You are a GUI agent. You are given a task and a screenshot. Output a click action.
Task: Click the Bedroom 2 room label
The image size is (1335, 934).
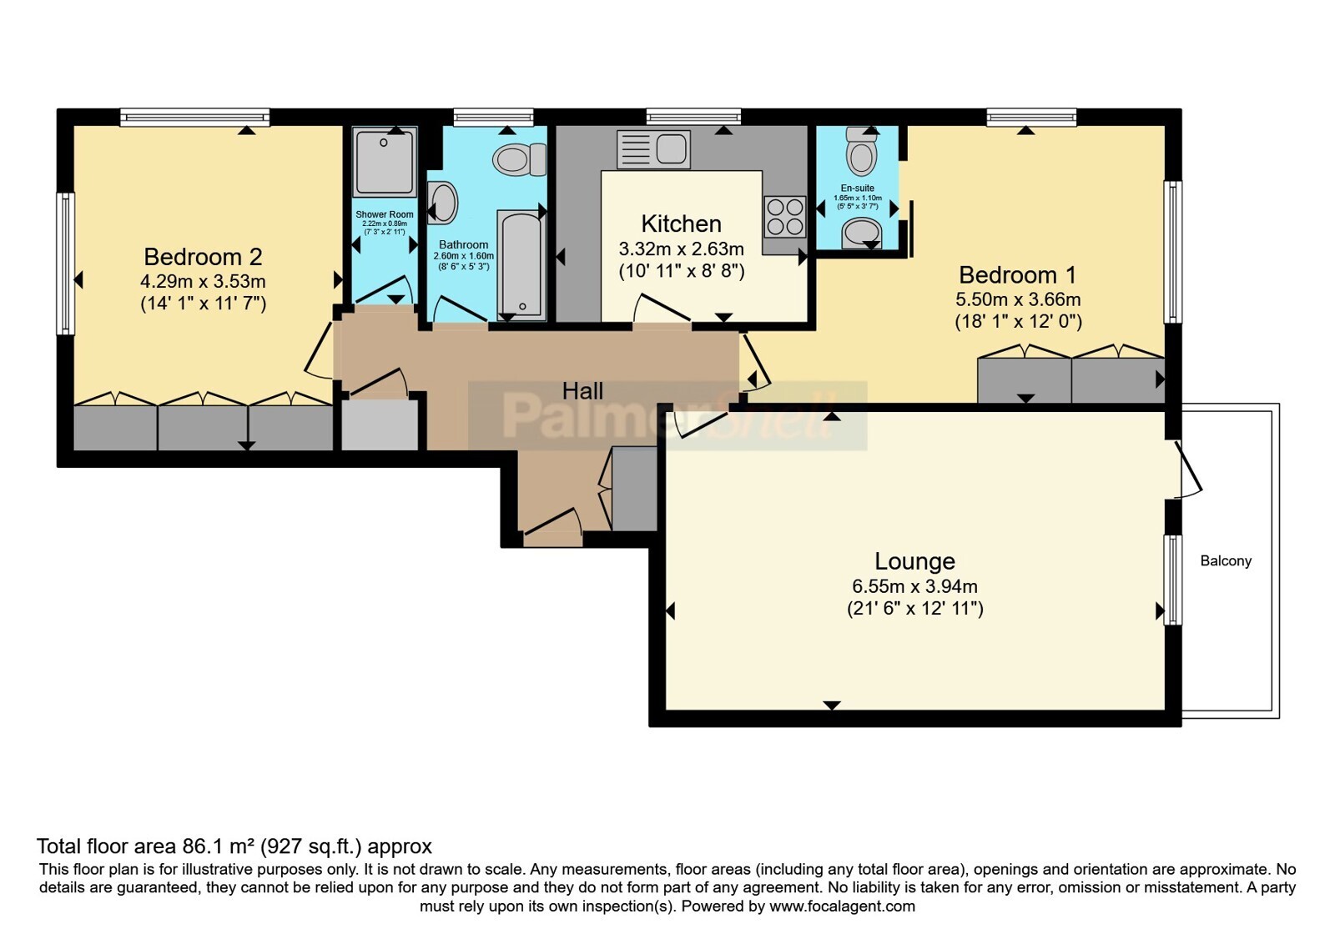[x=203, y=257]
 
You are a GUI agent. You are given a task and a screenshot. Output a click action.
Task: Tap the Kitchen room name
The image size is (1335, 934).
[x=681, y=224]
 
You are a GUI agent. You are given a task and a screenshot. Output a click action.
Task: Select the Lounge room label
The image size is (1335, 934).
[x=914, y=561]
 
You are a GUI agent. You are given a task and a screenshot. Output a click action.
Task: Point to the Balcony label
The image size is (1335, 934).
[x=1226, y=560]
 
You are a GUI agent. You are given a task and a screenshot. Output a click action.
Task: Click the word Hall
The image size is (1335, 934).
[x=583, y=391]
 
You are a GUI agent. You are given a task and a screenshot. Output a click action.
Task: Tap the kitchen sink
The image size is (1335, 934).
[x=654, y=149]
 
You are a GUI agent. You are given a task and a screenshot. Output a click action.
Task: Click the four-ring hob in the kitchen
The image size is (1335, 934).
[x=785, y=216]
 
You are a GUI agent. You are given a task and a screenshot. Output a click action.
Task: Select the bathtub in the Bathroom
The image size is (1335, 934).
[x=521, y=264]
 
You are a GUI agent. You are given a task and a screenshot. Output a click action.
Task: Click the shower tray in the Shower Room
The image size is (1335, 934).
[x=385, y=162]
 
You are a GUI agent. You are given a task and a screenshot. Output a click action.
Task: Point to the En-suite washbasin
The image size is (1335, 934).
[x=861, y=233]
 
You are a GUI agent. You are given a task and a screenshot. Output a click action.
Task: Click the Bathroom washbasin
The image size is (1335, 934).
[x=442, y=203]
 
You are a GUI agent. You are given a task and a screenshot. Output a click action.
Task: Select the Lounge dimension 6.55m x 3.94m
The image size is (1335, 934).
[x=914, y=586]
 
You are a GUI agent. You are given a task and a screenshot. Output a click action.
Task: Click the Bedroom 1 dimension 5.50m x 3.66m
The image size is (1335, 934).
[x=1018, y=299]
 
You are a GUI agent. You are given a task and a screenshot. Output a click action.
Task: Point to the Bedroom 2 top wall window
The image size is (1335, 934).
[x=195, y=117]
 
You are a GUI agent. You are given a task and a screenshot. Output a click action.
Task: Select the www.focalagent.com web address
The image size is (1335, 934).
[x=842, y=906]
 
